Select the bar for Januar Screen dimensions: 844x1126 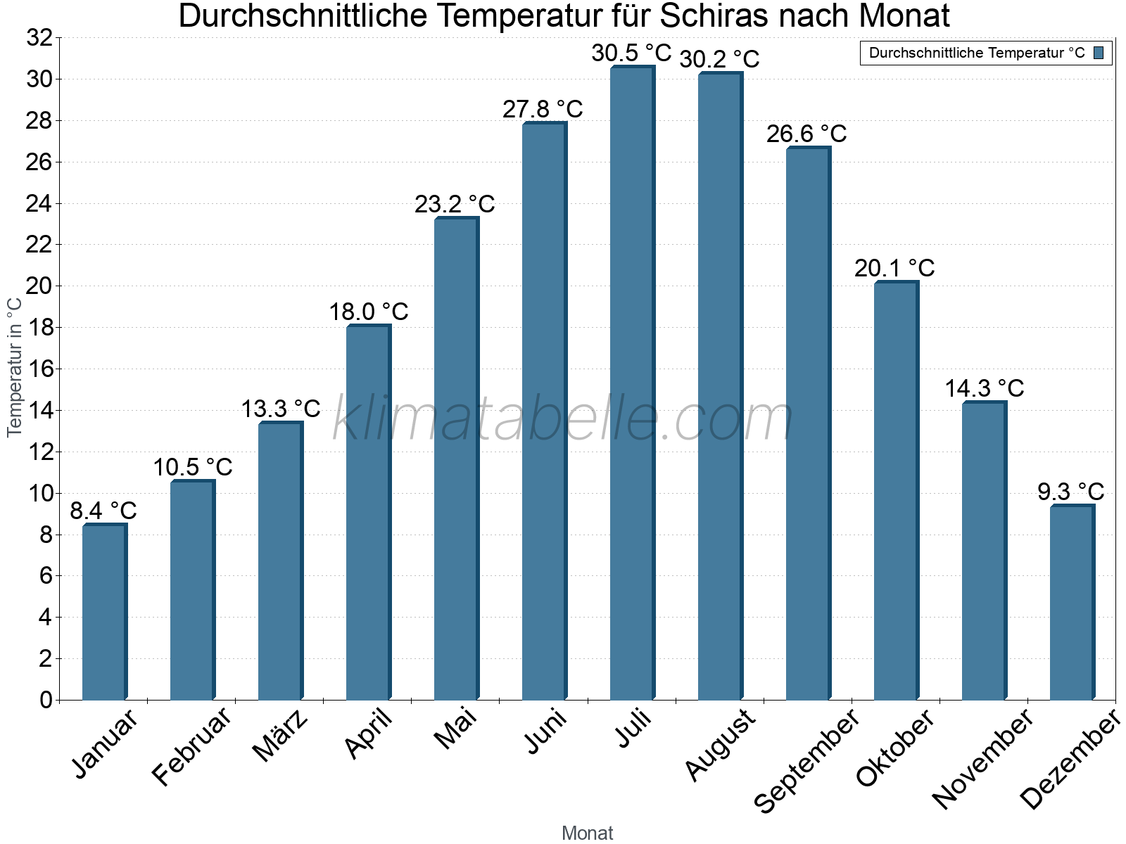104,612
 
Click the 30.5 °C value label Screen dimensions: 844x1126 631,53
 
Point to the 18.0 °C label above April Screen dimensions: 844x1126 369,312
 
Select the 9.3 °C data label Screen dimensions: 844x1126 1070,492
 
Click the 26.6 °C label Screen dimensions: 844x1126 806,134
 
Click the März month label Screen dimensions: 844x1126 281,736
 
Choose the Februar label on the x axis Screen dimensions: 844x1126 191,746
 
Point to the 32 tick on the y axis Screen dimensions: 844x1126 39,38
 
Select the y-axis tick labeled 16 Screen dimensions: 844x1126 39,369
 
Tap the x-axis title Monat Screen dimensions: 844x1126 587,833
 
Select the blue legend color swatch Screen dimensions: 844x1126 1099,53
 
